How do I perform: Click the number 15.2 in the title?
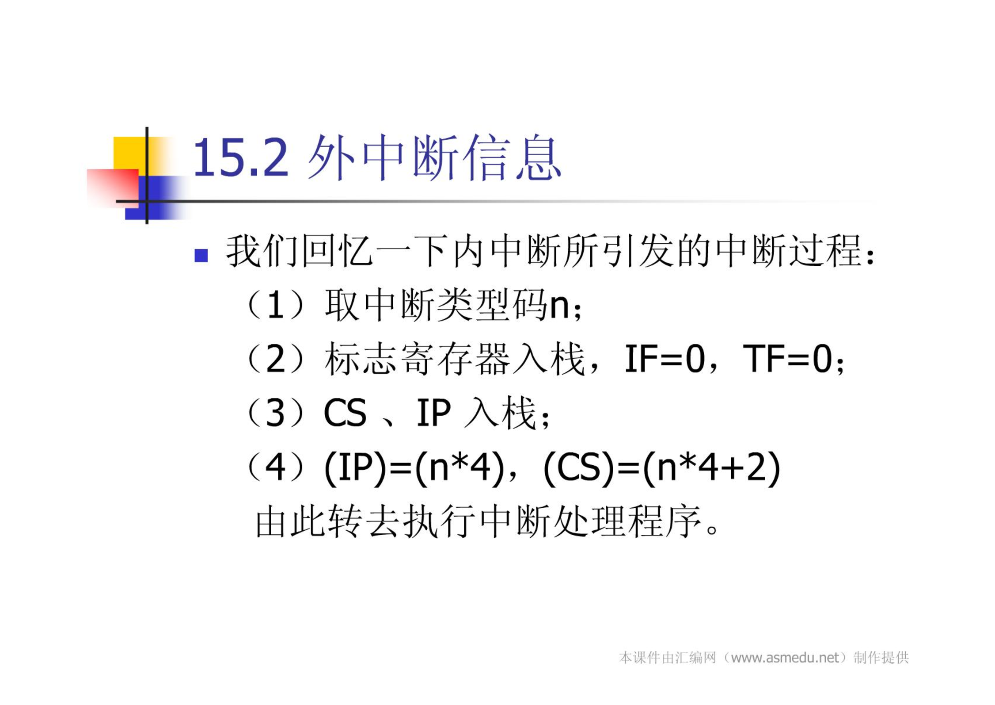(x=241, y=157)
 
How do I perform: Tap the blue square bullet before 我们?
(x=201, y=256)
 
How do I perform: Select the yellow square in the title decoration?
(x=130, y=153)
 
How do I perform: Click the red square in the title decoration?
(x=113, y=188)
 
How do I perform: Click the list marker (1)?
(x=276, y=305)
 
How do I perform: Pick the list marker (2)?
(x=276, y=359)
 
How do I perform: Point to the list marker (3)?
(x=276, y=413)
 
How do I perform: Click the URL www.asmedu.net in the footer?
(x=785, y=658)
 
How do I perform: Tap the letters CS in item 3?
(x=345, y=413)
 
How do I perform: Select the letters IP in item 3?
(x=434, y=413)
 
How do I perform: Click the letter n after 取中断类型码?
(x=559, y=306)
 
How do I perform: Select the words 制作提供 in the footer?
(x=881, y=658)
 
